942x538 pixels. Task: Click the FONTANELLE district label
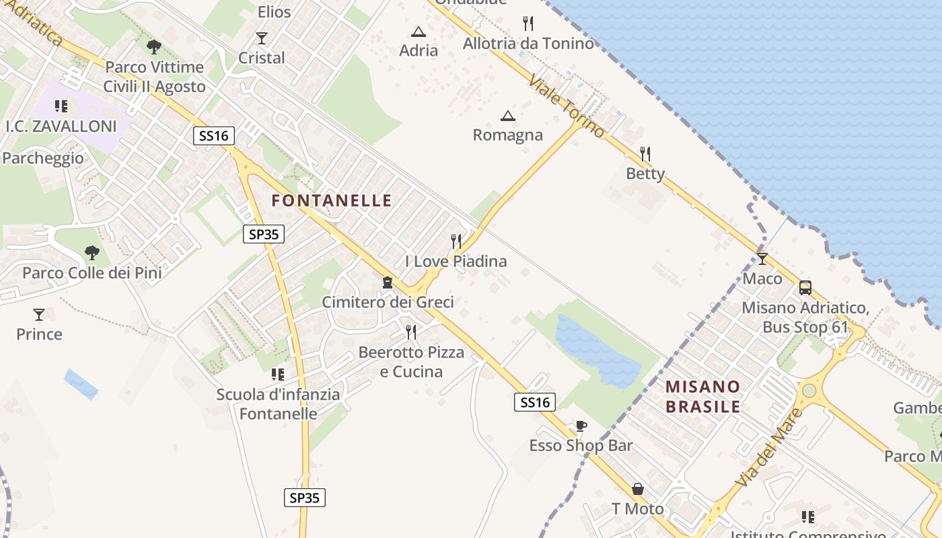(x=331, y=200)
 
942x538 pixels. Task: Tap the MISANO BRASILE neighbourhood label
(x=702, y=397)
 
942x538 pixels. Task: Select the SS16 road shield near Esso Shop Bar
(x=536, y=403)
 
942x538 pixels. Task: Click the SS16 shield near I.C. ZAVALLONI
(x=214, y=136)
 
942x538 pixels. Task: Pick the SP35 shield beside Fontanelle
(x=263, y=234)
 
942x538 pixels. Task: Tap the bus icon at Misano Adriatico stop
(x=805, y=288)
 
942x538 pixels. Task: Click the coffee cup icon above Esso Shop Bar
(x=581, y=426)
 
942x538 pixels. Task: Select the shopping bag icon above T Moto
(x=637, y=489)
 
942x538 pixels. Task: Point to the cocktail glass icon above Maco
(x=762, y=259)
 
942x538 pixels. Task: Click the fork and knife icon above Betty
(x=645, y=154)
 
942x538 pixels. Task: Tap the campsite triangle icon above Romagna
(x=508, y=116)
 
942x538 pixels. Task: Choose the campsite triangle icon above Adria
(x=419, y=32)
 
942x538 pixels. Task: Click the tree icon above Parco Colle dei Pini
(x=92, y=253)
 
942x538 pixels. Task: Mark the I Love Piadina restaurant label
(x=456, y=261)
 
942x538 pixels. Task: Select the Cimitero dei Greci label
(x=388, y=302)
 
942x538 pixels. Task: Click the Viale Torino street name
(x=567, y=106)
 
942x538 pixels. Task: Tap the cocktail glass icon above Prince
(x=39, y=314)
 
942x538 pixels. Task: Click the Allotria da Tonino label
(x=528, y=44)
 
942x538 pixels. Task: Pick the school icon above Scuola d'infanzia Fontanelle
(x=277, y=374)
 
